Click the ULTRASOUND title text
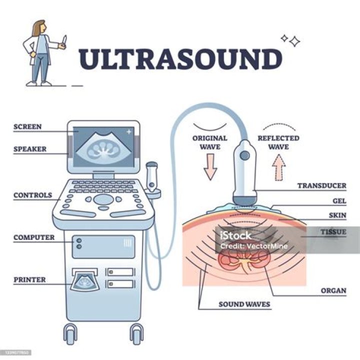pos(180,59)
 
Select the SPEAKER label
pos(30,149)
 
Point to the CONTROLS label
pos(32,195)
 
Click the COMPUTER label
pos(34,237)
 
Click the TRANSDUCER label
pos(321,185)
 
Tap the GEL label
pos(339,200)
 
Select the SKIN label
pos(337,215)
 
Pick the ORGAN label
pos(333,290)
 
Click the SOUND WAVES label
pos(244,304)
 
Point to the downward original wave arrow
pos(210,166)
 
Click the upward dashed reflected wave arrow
pos(278,166)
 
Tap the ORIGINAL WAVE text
pos(210,142)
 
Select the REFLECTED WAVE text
pos(278,142)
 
